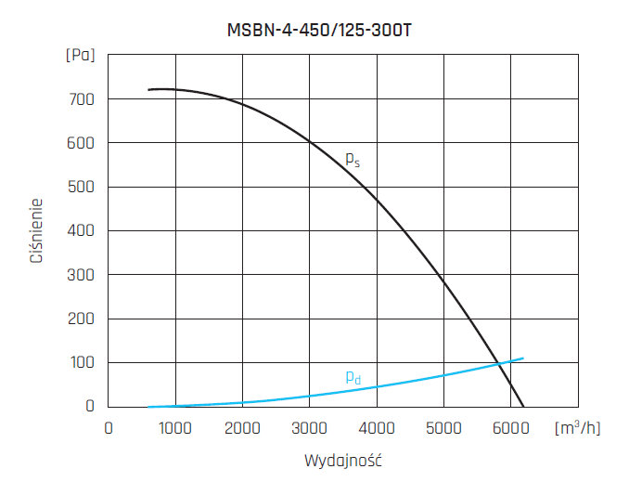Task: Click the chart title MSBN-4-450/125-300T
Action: tap(319, 29)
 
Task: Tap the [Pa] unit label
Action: tap(81, 55)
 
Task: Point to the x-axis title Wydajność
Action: tap(343, 461)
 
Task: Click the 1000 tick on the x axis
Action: tap(175, 428)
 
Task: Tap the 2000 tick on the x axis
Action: tap(242, 428)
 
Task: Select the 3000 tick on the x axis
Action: tap(310, 428)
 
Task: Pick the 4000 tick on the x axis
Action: tap(377, 428)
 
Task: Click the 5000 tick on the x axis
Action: tap(443, 428)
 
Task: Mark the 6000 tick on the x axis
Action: tap(511, 428)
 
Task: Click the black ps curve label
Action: tap(353, 160)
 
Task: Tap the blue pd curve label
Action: tap(353, 377)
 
